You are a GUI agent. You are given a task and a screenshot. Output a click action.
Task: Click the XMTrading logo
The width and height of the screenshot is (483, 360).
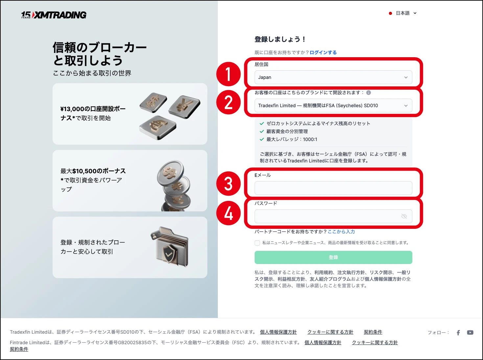click(x=54, y=15)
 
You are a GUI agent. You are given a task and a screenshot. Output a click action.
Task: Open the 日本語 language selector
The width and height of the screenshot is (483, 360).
click(x=402, y=13)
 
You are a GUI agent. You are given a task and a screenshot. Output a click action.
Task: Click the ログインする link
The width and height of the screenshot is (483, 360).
click(x=323, y=52)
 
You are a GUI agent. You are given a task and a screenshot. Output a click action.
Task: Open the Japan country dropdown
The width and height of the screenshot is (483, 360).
click(x=333, y=77)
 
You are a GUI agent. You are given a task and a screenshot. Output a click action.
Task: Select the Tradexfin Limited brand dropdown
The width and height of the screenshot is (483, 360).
click(x=333, y=106)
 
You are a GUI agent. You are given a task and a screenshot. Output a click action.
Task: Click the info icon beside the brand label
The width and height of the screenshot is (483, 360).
click(x=369, y=93)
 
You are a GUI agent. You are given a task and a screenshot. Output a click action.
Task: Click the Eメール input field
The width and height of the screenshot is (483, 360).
click(x=333, y=188)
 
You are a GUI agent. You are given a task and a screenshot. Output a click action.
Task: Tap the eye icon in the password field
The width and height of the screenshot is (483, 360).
click(x=404, y=216)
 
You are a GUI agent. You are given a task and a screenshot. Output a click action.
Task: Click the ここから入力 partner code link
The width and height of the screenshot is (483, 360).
click(x=341, y=231)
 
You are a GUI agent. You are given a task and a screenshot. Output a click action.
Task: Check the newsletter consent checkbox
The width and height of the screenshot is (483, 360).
click(x=257, y=243)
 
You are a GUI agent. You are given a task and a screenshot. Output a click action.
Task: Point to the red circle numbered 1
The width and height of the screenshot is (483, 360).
click(x=228, y=74)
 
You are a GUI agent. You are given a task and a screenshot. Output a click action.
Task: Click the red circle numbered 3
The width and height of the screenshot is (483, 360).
click(x=228, y=184)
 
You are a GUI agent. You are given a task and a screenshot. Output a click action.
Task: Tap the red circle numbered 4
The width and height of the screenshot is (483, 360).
click(x=228, y=213)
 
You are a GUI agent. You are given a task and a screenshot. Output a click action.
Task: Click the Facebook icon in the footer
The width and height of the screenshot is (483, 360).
click(x=458, y=333)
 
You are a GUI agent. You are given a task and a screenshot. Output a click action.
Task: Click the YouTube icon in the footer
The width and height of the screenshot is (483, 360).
click(x=470, y=333)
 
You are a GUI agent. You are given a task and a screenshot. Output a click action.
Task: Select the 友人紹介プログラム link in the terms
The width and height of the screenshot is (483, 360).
click(x=330, y=279)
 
